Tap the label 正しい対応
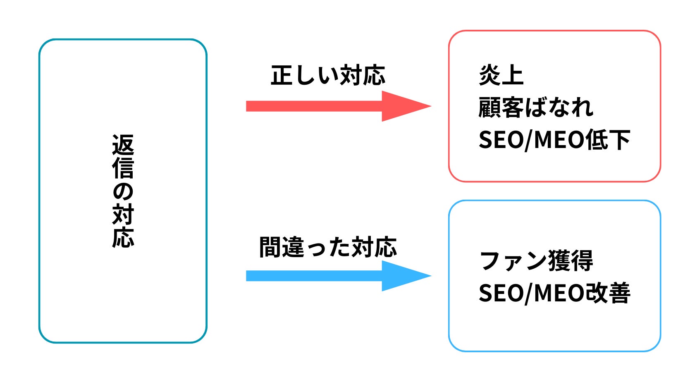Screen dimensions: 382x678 pos(328,76)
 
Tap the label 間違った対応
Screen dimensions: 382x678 pos(328,247)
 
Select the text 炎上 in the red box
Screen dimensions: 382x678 pos(501,76)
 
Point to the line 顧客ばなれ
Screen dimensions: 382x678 pos(536,107)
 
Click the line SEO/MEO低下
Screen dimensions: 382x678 pos(554,140)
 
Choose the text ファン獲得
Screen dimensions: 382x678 pos(536,261)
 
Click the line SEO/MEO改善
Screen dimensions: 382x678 pos(554,293)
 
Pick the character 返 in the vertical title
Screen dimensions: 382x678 pos(123,145)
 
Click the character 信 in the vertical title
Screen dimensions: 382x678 pos(123,167)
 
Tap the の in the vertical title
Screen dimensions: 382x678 pos(123,191)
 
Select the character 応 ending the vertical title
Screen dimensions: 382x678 pos(123,237)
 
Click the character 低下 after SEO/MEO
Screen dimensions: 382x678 pos(608,140)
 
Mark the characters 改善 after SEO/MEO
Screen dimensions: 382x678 pos(608,293)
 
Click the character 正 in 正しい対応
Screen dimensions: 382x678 pos(282,76)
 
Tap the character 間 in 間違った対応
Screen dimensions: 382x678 pos(271,247)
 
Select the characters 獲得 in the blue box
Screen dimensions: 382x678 pos(571,261)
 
